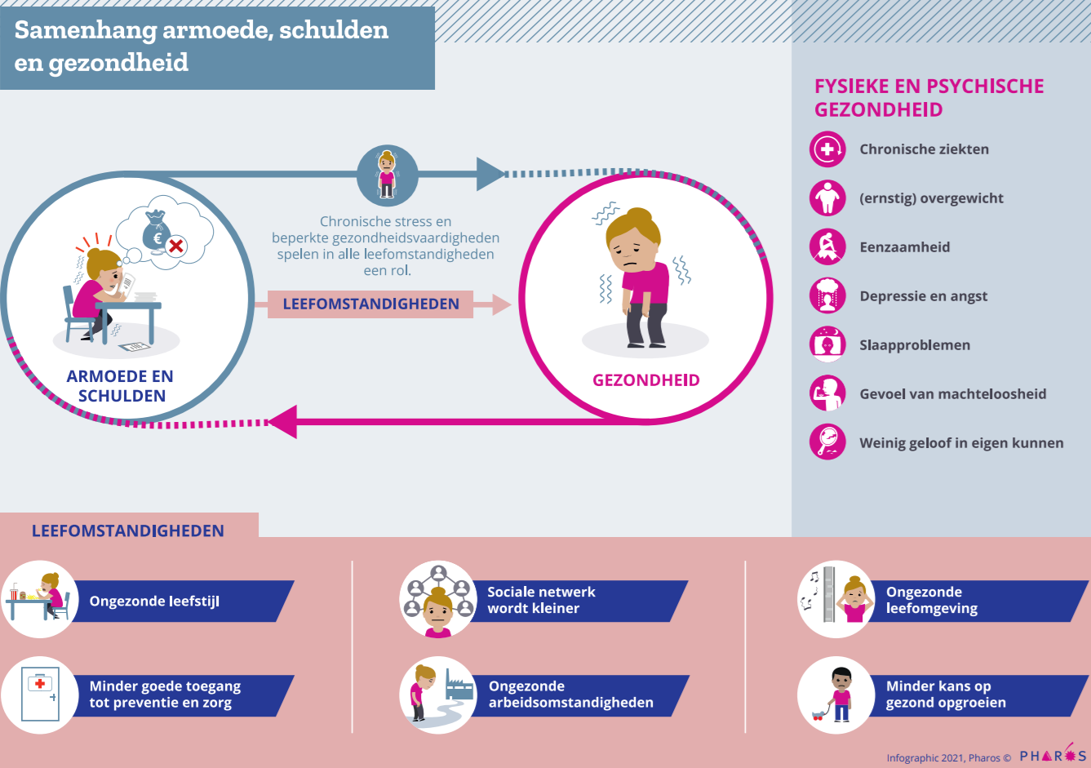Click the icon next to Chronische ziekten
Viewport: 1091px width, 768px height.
pos(827,149)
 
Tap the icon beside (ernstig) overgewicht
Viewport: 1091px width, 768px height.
pos(827,198)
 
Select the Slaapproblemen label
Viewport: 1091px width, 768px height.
pos(915,345)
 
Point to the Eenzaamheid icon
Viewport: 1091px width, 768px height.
pos(827,247)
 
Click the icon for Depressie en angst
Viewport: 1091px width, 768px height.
pos(827,296)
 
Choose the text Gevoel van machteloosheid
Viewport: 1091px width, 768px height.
pos(952,394)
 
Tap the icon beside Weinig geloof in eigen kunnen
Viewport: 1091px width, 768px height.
pos(827,442)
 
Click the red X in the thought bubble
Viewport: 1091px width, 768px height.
pos(175,245)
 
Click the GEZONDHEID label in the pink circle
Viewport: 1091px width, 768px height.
pos(645,380)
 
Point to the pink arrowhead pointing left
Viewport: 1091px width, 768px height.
pos(282,422)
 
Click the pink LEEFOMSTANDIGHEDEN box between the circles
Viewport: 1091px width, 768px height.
pos(370,304)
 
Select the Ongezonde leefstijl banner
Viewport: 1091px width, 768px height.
pos(180,602)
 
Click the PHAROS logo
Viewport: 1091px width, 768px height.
pos(1053,755)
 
